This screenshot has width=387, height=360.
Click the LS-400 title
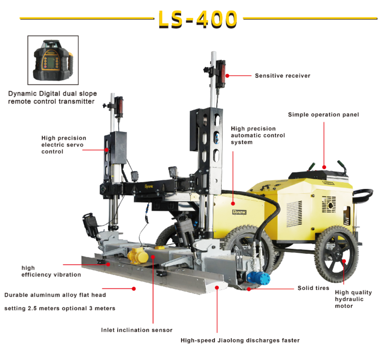(x=198, y=19)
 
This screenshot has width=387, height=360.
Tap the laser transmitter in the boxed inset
(x=53, y=60)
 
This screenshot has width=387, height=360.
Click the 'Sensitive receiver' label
(x=283, y=76)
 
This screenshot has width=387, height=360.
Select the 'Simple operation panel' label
(x=323, y=115)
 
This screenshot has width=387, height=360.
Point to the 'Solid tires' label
(x=313, y=288)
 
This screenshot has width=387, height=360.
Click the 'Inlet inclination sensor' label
(x=137, y=330)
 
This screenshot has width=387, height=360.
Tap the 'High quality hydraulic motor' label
(x=353, y=299)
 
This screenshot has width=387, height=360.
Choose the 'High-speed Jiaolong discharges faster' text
(x=240, y=340)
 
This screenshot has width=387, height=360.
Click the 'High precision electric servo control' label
(x=64, y=145)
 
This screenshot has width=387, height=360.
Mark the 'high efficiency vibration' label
(x=51, y=271)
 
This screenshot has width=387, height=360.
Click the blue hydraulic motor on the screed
(x=258, y=278)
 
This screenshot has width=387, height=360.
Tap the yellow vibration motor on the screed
(x=138, y=255)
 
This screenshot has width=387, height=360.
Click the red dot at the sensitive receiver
(x=227, y=76)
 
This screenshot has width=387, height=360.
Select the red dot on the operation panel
(x=324, y=167)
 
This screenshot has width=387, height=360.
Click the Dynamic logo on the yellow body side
(x=239, y=212)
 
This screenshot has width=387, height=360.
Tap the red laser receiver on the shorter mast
(x=119, y=107)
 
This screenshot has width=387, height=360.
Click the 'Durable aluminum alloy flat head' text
(x=55, y=295)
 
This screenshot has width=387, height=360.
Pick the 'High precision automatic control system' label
(x=258, y=135)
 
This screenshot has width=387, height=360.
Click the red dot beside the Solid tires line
(x=249, y=289)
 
